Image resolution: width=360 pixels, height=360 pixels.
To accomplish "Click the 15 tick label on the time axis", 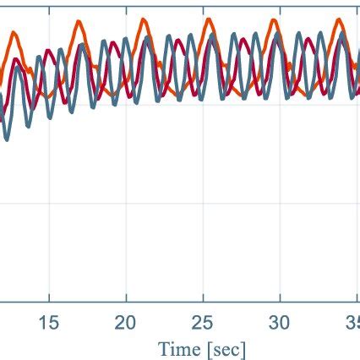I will pos(49,322).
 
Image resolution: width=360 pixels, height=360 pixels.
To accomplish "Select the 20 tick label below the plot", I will pos(126,322).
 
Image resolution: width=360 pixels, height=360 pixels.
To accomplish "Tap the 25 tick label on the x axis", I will pos(203,322).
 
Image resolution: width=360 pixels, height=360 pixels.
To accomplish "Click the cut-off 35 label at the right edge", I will pos(352,322).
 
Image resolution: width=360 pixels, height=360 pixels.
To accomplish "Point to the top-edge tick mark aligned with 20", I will pos(126,3).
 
